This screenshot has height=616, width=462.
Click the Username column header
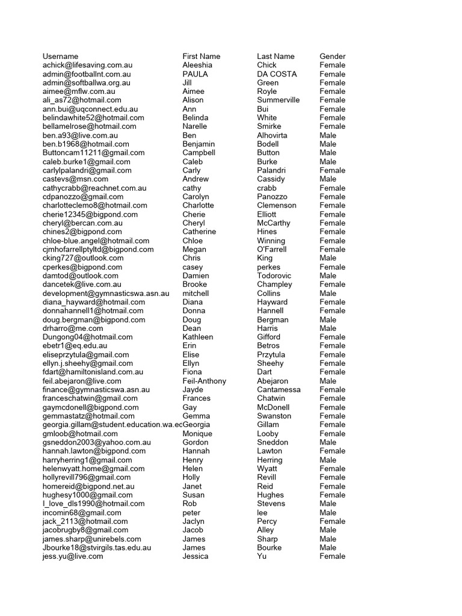(60, 56)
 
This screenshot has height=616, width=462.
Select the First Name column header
(202, 56)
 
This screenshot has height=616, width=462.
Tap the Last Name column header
(276, 56)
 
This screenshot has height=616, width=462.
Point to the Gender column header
(332, 56)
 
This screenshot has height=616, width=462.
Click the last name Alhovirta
(272, 135)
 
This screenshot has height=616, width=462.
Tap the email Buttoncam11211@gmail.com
(93, 153)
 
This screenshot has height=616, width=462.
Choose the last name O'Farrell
(272, 249)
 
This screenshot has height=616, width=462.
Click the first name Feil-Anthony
(205, 381)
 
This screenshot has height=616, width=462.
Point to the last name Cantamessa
(279, 390)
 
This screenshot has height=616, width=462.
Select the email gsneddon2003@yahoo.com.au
(97, 442)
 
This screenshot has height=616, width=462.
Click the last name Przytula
(271, 354)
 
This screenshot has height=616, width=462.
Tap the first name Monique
(197, 434)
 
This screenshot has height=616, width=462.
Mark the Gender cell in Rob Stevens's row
(328, 504)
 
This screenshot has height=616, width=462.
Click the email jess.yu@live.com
(73, 556)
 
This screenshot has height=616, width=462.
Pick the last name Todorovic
(275, 276)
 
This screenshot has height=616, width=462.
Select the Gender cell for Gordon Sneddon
(328, 442)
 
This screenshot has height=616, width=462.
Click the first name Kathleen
(198, 337)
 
